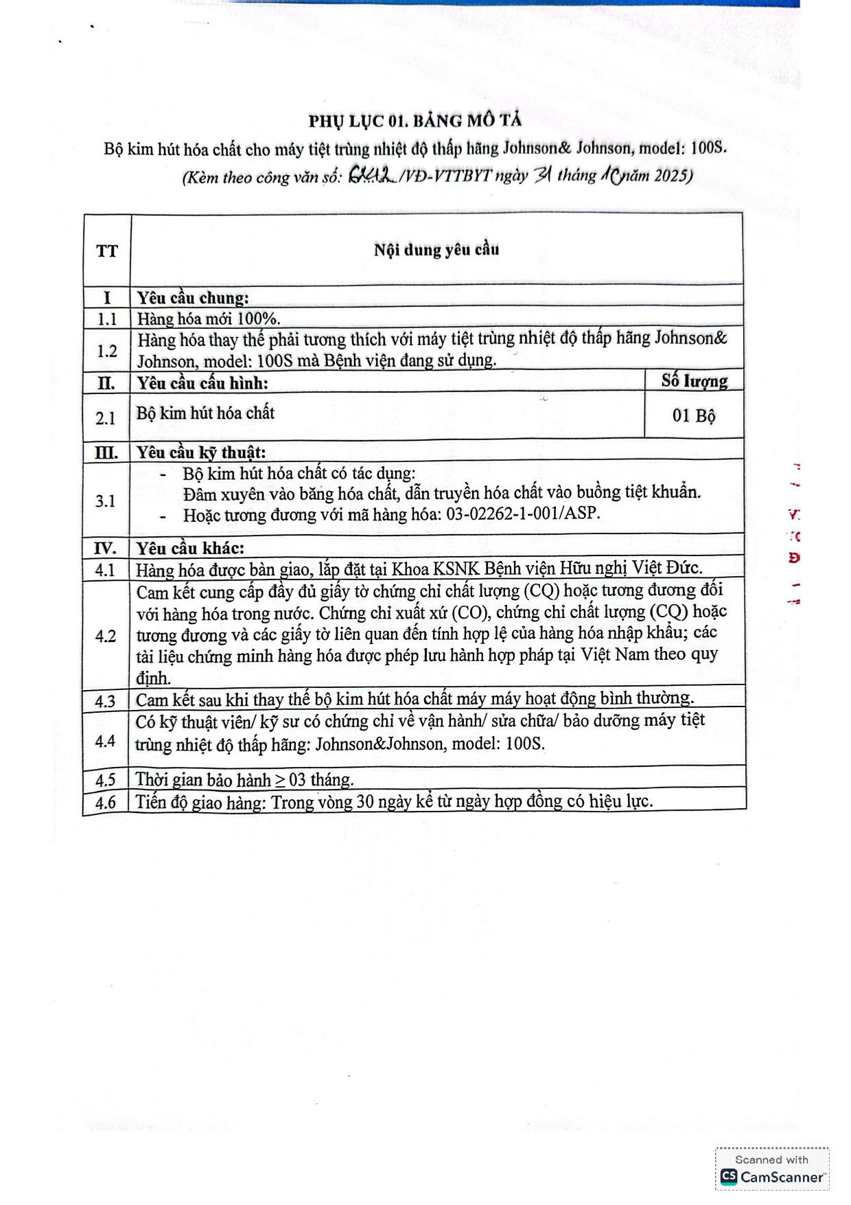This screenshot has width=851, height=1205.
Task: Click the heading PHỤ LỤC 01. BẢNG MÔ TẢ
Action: click(x=415, y=121)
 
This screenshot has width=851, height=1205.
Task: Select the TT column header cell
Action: click(x=106, y=251)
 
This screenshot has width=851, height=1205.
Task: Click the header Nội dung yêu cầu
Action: click(x=436, y=249)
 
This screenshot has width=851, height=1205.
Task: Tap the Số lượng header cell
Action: click(x=694, y=380)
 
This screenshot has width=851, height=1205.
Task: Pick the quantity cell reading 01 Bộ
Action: click(x=693, y=415)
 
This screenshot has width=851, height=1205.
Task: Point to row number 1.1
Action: click(x=106, y=319)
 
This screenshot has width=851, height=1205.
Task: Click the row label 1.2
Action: click(x=106, y=351)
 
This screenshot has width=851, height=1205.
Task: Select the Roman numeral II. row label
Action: click(x=106, y=383)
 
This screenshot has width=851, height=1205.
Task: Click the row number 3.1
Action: click(x=105, y=501)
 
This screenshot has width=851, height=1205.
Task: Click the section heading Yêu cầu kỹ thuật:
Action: click(x=200, y=452)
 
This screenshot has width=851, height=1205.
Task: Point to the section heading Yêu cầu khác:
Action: click(x=190, y=548)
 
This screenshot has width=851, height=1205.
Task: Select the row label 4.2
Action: click(x=105, y=636)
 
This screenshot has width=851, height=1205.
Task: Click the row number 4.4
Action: click(x=105, y=740)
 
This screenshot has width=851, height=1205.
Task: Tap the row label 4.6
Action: click(x=105, y=802)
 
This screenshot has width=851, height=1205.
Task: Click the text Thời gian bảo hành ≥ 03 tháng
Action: click(x=244, y=780)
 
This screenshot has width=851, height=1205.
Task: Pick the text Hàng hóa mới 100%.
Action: click(x=209, y=319)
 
